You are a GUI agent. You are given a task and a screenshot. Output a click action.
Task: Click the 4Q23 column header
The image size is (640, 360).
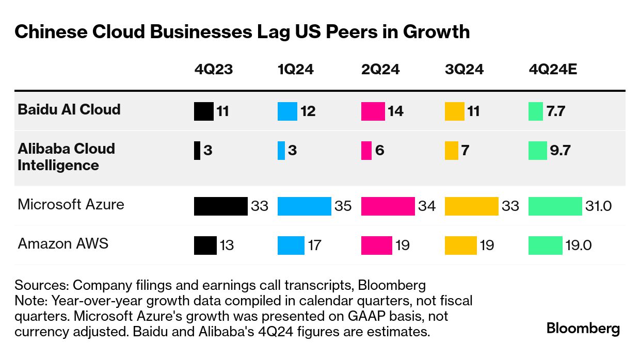pyautogui.click(x=213, y=70)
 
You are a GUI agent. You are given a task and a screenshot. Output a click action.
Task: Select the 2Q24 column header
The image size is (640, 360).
pyautogui.click(x=380, y=70)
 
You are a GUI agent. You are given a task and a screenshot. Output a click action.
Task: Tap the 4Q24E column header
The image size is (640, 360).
pyautogui.click(x=553, y=70)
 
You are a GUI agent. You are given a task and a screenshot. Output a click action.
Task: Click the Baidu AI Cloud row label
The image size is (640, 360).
pyautogui.click(x=69, y=109)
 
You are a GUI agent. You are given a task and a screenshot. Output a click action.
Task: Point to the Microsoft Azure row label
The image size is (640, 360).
pyautogui.click(x=71, y=204)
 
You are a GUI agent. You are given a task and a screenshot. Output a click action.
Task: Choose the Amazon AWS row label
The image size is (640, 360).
pyautogui.click(x=63, y=243)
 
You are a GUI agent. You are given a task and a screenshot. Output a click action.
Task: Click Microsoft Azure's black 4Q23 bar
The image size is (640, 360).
pyautogui.click(x=221, y=206)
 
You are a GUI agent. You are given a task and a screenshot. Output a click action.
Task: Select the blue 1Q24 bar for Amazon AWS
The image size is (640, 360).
pyautogui.click(x=291, y=246)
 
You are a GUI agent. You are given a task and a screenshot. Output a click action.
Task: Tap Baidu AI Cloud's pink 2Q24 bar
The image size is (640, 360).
pyautogui.click(x=373, y=111)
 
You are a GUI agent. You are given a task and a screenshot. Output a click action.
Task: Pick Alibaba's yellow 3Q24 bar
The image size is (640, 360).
pyautogui.click(x=452, y=151)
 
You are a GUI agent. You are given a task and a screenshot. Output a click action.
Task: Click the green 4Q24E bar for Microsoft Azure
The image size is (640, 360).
pyautogui.click(x=555, y=206)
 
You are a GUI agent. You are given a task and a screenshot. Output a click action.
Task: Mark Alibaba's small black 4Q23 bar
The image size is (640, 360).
pyautogui.click(x=197, y=151)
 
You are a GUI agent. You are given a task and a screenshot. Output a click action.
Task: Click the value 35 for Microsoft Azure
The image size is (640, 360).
pyautogui.click(x=343, y=206)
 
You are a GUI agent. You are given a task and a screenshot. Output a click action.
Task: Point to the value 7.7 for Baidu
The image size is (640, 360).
pyautogui.click(x=556, y=111)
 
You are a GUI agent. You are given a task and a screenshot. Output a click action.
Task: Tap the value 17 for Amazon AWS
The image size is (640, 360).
pyautogui.click(x=315, y=246)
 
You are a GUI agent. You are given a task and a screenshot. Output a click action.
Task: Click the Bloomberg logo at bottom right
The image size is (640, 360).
pyautogui.click(x=583, y=329)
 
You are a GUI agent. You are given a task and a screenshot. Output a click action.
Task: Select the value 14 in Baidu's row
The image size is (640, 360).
pyautogui.click(x=395, y=111)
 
